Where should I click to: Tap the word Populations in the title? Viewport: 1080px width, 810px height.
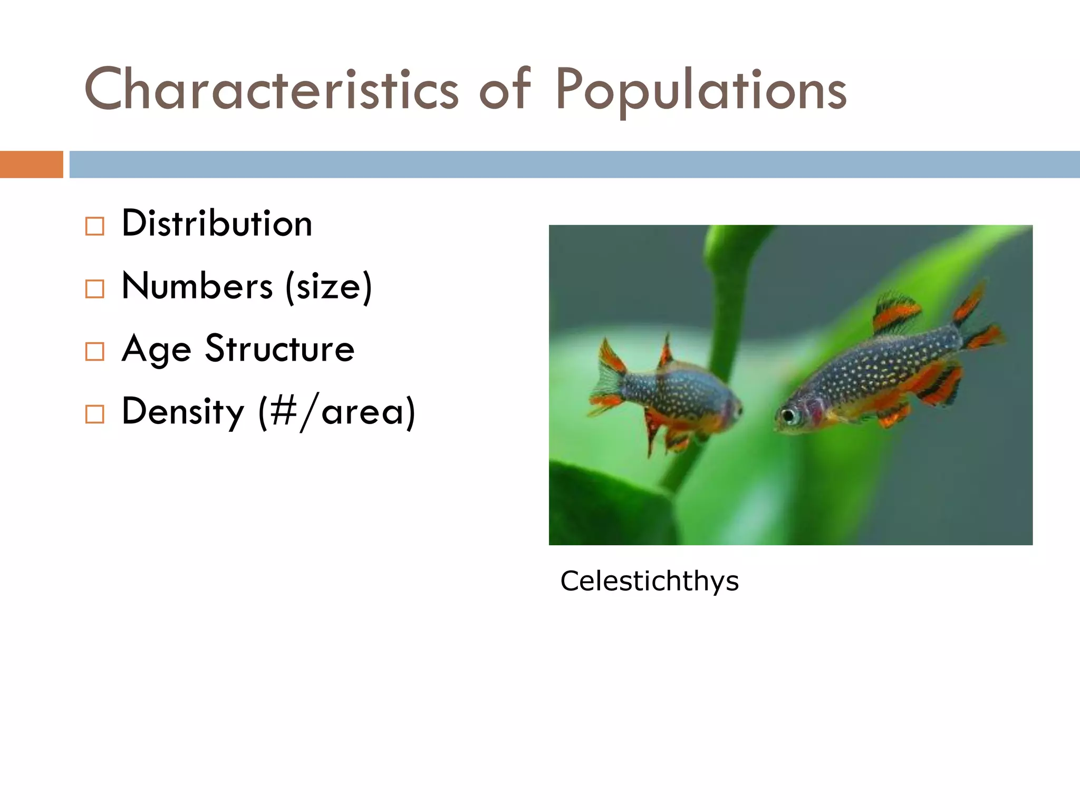tap(701, 91)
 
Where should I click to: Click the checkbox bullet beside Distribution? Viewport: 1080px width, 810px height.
tap(95, 226)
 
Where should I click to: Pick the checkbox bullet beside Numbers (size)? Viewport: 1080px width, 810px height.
tap(95, 289)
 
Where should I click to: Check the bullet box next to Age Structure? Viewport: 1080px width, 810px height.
tap(95, 352)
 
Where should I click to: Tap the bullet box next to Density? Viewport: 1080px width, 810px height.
tap(95, 414)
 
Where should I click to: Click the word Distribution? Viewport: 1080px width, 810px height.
tap(217, 224)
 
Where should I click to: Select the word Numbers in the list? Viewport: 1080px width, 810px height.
tap(197, 286)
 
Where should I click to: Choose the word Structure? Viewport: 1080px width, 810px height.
tap(279, 349)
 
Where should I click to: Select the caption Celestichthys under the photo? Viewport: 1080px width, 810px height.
tap(649, 581)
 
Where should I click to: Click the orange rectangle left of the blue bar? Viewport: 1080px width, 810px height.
tap(31, 165)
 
